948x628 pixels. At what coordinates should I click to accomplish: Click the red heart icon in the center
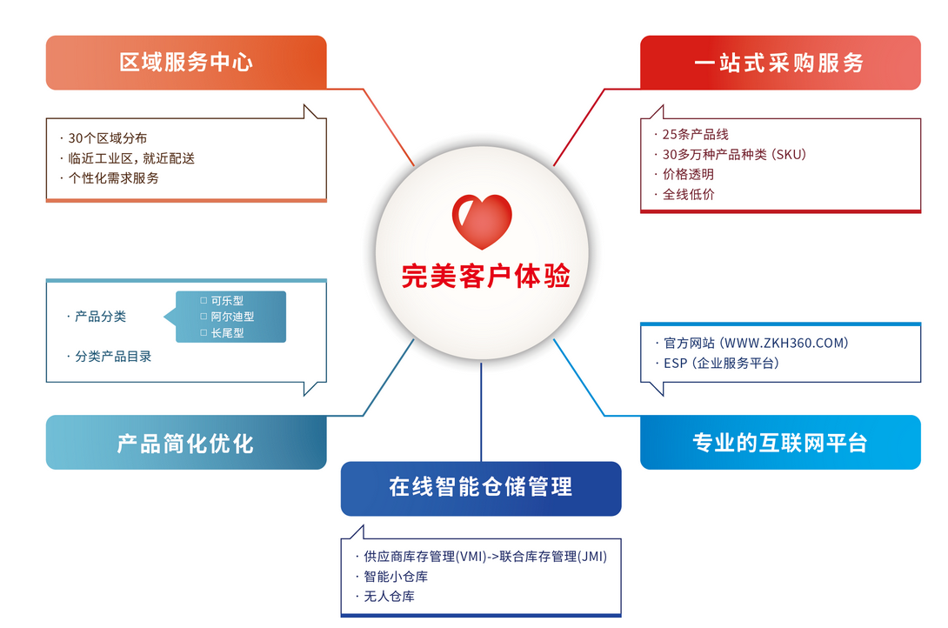click(x=482, y=222)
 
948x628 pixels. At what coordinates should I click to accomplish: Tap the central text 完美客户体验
click(x=486, y=277)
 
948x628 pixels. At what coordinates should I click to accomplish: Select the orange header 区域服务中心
click(x=186, y=63)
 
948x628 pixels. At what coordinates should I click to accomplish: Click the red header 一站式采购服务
click(x=780, y=63)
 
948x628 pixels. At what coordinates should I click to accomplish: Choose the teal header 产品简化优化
click(x=186, y=443)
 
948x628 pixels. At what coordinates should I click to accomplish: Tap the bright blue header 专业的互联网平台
click(x=780, y=443)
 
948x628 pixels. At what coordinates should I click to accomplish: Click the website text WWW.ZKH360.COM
click(x=786, y=344)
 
